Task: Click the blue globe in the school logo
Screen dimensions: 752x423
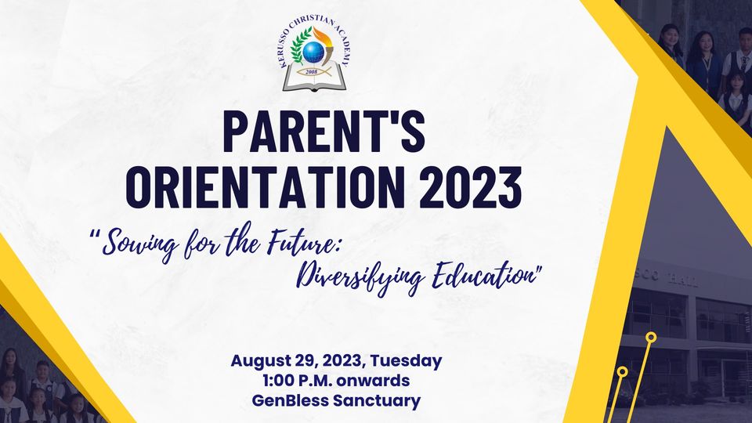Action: pos(313,52)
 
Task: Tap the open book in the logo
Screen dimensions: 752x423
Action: pos(314,78)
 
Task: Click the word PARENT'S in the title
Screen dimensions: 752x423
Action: pos(324,132)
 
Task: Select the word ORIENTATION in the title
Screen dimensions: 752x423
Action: pos(266,187)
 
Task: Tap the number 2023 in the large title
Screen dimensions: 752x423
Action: pos(471,187)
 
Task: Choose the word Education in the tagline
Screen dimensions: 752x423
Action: pos(483,277)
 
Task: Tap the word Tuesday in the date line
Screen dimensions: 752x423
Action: pos(407,360)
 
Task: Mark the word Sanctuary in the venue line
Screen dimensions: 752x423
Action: pos(377,400)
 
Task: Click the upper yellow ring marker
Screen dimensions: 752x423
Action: pos(651,337)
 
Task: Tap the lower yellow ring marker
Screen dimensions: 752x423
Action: pos(622,371)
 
